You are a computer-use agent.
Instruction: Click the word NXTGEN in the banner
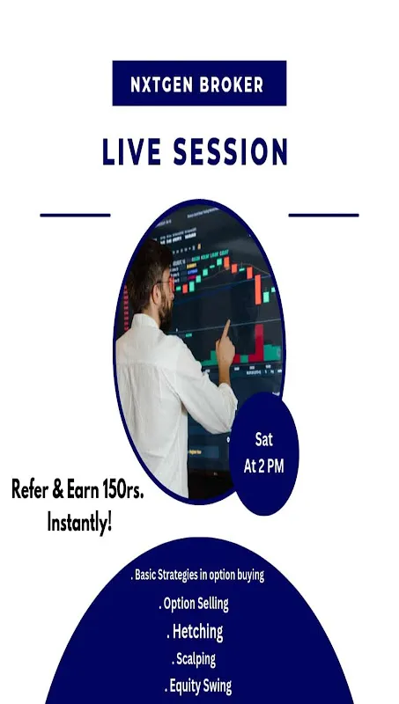pyautogui.click(x=162, y=84)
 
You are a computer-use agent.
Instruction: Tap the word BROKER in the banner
pyautogui.click(x=232, y=84)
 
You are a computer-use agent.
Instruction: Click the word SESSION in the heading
pyautogui.click(x=231, y=151)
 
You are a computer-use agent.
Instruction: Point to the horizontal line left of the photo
pyautogui.click(x=75, y=215)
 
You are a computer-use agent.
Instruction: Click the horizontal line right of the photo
pyautogui.click(x=323, y=215)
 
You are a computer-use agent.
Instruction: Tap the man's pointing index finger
pyautogui.click(x=225, y=328)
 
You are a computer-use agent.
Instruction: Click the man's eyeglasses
pyautogui.click(x=166, y=282)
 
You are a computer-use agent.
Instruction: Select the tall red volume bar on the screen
pyautogui.click(x=259, y=342)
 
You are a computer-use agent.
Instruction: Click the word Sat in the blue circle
pyautogui.click(x=263, y=439)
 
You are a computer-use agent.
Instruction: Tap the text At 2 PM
pyautogui.click(x=263, y=466)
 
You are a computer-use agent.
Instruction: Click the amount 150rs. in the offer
pyautogui.click(x=122, y=489)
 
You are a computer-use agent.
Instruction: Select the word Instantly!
pyautogui.click(x=79, y=524)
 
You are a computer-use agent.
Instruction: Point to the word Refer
pyautogui.click(x=29, y=489)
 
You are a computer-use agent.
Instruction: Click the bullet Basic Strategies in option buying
pyautogui.click(x=197, y=576)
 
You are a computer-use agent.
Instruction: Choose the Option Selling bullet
pyautogui.click(x=194, y=604)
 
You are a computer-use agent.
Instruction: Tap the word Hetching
pyautogui.click(x=197, y=632)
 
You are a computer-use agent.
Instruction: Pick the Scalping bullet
pyautogui.click(x=194, y=659)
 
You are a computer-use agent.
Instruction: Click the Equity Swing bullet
pyautogui.click(x=198, y=686)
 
